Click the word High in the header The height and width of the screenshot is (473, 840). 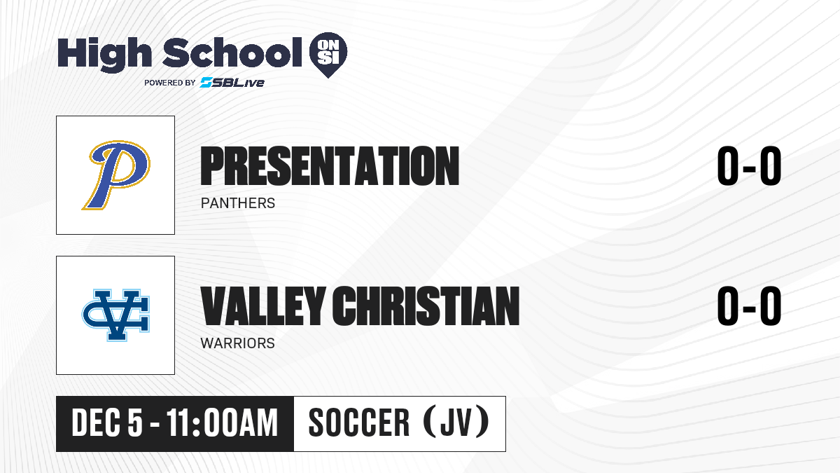coord(104,54)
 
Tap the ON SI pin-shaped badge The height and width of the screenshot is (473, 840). coord(328,54)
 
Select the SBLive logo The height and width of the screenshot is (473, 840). coord(232,83)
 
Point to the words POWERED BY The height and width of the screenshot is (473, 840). coord(170,83)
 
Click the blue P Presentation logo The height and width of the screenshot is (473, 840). coord(116,175)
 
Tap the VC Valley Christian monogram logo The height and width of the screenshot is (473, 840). coord(116,315)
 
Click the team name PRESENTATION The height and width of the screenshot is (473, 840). coord(330,166)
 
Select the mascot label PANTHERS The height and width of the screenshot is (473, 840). coord(238,203)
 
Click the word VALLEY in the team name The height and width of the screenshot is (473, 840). coord(263,306)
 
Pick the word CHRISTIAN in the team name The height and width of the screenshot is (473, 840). coord(426,306)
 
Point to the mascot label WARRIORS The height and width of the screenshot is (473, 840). coord(238,343)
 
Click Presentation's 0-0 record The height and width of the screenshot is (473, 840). coord(749,166)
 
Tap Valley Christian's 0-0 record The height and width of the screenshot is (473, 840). coord(749,306)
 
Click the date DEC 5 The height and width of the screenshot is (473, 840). coord(107,423)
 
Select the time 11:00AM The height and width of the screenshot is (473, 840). coord(222,423)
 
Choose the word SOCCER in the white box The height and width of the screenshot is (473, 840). coord(359,423)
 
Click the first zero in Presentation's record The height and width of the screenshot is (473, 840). coord(728,166)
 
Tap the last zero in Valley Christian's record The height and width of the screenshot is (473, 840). coord(771,306)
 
